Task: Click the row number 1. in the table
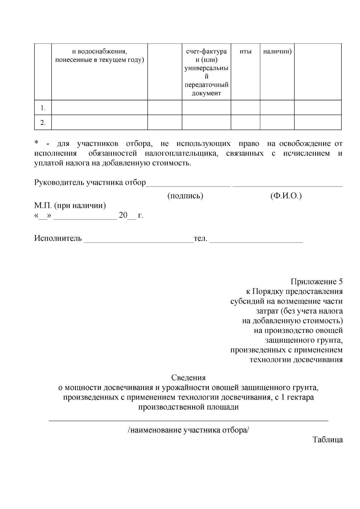(x=43, y=108)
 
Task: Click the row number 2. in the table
(x=43, y=123)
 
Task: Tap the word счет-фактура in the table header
(x=206, y=52)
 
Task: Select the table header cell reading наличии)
(x=277, y=52)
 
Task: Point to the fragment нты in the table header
(x=245, y=52)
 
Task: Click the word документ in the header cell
(x=206, y=93)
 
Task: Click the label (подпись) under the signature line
(x=185, y=196)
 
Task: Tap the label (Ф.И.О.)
(x=286, y=196)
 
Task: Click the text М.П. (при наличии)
(x=70, y=206)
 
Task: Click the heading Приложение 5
(x=316, y=282)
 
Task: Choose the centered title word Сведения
(x=188, y=378)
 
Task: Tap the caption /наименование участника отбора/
(x=188, y=430)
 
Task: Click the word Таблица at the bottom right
(x=328, y=440)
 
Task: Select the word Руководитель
(x=59, y=182)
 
